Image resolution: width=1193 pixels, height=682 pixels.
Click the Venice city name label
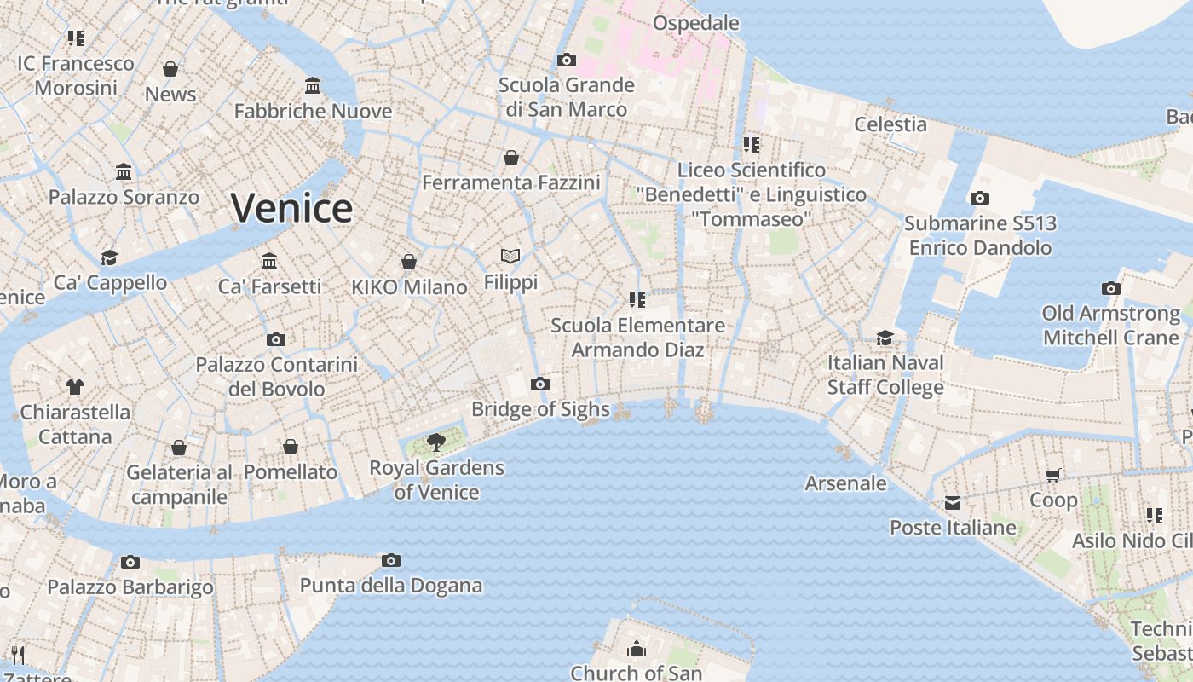tap(291, 208)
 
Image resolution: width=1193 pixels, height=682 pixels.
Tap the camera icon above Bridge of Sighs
tap(539, 384)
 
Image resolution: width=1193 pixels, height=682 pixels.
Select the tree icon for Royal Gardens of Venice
tap(436, 442)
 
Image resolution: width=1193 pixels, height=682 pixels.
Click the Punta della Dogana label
tap(391, 586)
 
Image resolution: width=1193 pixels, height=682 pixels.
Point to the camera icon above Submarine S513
tap(980, 198)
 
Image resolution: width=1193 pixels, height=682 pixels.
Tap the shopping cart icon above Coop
tap(1053, 475)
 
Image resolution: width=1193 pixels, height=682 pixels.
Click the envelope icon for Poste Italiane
tap(953, 503)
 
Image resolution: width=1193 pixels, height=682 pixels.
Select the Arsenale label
tap(846, 483)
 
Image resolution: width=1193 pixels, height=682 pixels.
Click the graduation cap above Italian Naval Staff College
tap(885, 338)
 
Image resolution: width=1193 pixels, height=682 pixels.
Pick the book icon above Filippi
tap(510, 256)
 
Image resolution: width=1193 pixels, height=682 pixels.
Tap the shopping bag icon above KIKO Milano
tap(409, 261)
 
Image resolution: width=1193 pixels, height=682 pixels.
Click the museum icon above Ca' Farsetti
tap(269, 261)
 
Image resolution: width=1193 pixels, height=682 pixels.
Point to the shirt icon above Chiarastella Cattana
tap(75, 386)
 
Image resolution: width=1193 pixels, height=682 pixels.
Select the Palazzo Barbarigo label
tap(130, 587)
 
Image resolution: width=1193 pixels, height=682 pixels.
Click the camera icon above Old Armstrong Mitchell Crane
tap(1110, 288)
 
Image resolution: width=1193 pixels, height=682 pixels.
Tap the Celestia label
tap(890, 124)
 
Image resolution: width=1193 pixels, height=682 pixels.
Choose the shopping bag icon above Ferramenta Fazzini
tap(510, 158)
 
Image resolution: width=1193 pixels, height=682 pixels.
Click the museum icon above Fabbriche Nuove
tap(313, 85)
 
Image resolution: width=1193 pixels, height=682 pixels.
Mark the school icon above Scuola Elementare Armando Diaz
tap(637, 299)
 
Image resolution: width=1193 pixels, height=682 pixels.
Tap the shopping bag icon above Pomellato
tap(291, 447)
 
